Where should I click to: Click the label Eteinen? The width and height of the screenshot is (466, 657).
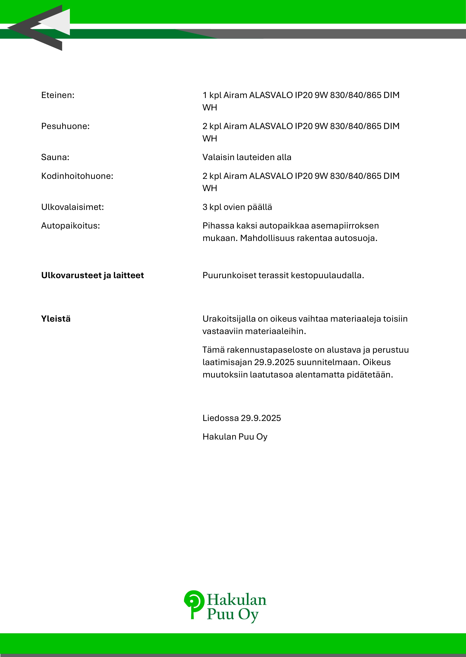coord(58,95)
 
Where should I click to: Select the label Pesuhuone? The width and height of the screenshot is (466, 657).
coord(65,126)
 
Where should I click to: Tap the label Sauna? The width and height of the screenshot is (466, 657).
coord(55,157)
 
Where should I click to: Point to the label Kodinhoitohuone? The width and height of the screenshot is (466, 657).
coord(77,176)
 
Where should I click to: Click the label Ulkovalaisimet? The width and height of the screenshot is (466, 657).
coord(73,207)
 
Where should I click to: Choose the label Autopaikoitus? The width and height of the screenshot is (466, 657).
coord(71,226)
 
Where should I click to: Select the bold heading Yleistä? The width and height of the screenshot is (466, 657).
coord(56,319)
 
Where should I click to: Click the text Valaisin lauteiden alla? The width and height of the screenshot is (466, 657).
coord(247,157)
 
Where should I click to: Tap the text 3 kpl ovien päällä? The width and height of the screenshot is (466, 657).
coord(237,207)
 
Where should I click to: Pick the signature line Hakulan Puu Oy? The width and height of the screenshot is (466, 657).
coord(235,437)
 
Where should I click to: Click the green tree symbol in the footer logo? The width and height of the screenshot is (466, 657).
coord(194,604)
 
